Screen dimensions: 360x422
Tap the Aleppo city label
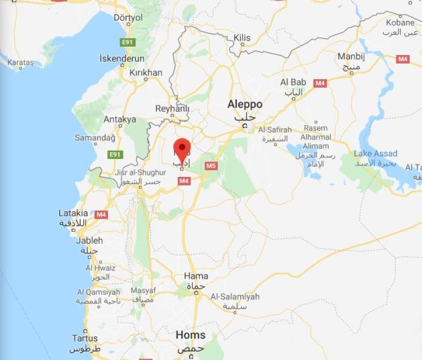tap(245, 105)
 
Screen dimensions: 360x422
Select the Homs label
tap(190, 335)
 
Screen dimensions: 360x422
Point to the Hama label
tap(195, 276)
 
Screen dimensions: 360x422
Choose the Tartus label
tap(85, 338)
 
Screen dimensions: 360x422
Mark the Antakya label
tap(120, 119)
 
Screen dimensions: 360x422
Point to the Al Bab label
tap(293, 82)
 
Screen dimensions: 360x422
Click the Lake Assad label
tap(376, 154)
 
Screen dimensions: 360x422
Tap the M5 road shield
tap(211, 165)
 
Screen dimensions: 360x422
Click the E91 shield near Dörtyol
tap(127, 42)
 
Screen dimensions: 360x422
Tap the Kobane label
tap(400, 22)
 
